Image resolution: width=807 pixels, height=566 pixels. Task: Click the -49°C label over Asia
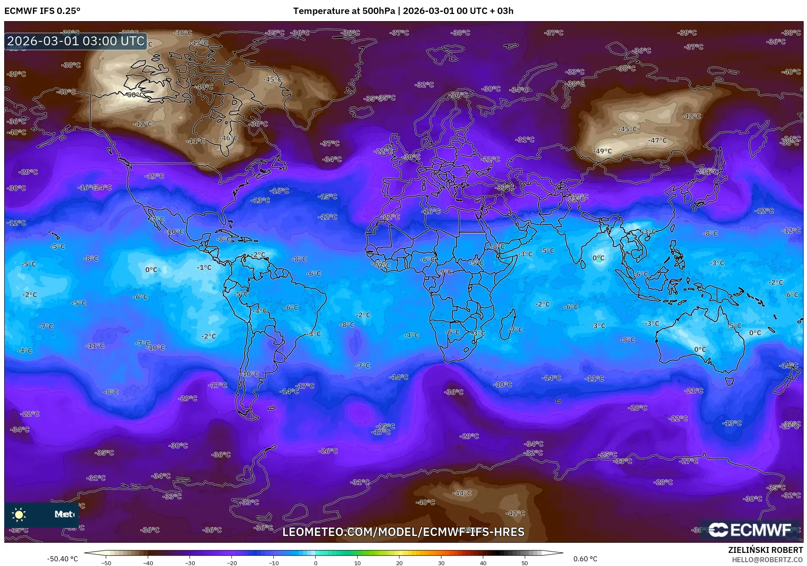(603, 151)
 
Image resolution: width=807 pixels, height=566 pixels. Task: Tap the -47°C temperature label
(657, 140)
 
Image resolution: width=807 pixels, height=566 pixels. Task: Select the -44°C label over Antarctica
(462, 493)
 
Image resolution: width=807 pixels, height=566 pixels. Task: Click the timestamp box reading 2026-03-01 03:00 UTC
(76, 41)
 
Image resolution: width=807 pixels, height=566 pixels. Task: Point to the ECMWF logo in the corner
(749, 530)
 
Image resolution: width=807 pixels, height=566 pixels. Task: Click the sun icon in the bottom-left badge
(19, 514)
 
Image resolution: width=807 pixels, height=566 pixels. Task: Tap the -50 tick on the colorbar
(106, 563)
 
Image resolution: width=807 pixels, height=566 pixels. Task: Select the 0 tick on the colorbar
(316, 563)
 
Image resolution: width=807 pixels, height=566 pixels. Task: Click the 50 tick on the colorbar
(525, 563)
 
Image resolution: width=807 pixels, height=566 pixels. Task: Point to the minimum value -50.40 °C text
(62, 559)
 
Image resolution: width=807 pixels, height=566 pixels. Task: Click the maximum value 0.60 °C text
(585, 559)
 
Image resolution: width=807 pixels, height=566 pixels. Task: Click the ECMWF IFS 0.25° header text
(42, 11)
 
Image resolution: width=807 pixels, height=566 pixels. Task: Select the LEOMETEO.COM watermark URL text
(403, 532)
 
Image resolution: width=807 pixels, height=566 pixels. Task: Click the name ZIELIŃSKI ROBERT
(765, 550)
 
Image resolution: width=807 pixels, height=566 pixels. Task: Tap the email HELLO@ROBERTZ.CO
(767, 560)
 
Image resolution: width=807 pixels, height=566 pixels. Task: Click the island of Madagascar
(508, 325)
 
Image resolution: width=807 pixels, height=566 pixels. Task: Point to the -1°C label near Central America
(204, 267)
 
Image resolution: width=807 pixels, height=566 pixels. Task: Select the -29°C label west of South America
(187, 398)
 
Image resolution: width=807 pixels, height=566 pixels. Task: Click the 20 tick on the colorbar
(399, 563)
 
